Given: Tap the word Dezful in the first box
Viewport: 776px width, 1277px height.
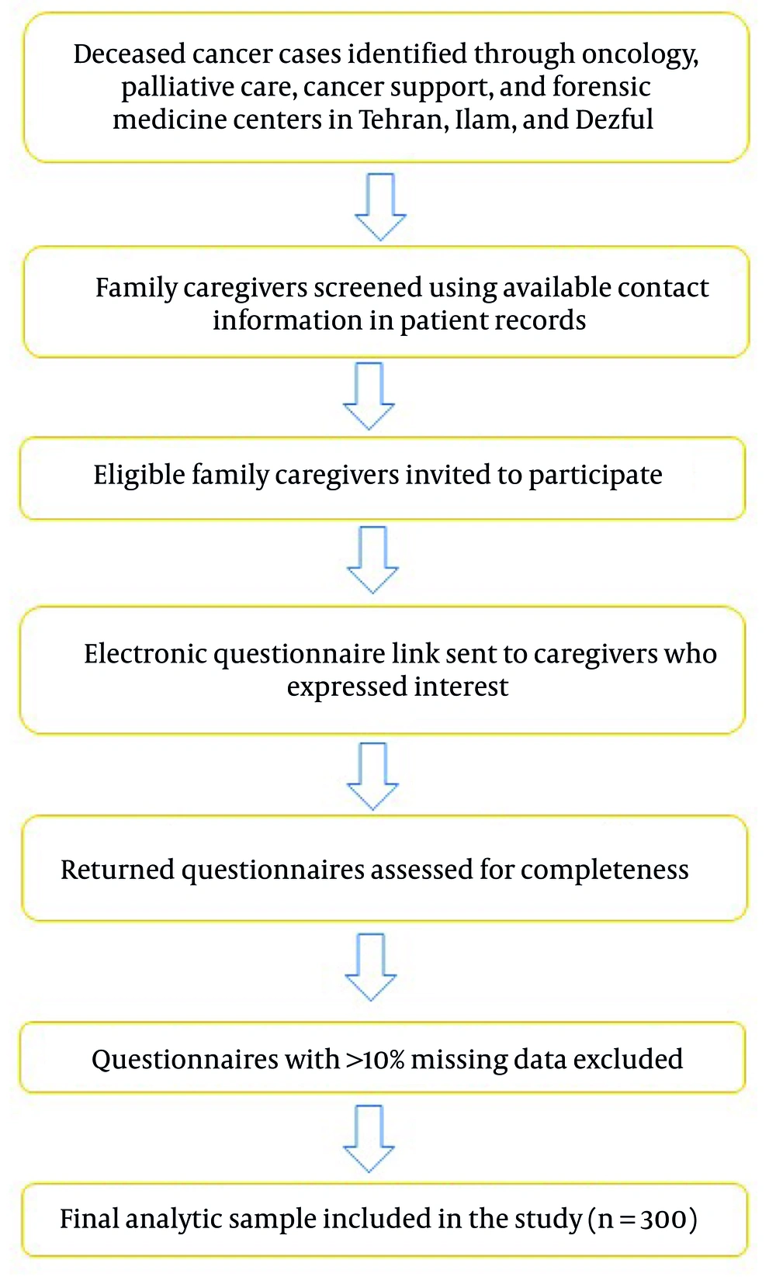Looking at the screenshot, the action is coord(614,119).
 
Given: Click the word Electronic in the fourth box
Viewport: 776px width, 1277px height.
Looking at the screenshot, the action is coord(145,653).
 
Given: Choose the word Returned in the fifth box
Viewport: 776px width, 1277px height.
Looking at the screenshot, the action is coord(117,870).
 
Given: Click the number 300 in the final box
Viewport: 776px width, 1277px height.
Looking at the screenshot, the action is coord(663,1220).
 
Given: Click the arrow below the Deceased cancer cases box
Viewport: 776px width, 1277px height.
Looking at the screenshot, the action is coord(380,207).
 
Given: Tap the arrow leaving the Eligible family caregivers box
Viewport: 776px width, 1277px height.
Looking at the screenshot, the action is coord(372,560).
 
